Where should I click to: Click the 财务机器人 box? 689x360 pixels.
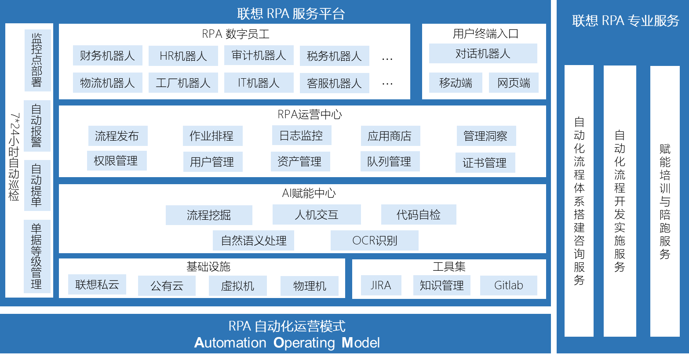click(107, 56)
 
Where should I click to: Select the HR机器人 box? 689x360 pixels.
click(183, 56)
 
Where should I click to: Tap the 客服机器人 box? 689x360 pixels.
click(334, 83)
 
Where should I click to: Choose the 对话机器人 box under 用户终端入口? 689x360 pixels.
click(483, 54)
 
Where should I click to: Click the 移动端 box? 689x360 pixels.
click(456, 83)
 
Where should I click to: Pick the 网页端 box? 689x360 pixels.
click(514, 83)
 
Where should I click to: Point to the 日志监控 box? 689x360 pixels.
click(301, 135)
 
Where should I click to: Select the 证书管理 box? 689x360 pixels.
click(485, 163)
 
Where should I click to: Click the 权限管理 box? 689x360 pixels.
click(116, 161)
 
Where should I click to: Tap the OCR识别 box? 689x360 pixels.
click(374, 240)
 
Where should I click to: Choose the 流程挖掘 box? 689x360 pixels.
click(209, 215)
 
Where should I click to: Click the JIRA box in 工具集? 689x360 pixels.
click(381, 285)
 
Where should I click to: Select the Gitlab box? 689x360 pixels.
click(508, 285)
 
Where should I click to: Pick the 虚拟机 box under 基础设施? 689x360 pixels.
click(237, 286)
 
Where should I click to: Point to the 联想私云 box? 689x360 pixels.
click(97, 284)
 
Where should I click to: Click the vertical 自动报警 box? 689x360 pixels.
click(37, 126)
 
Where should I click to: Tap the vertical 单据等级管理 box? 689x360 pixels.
click(37, 256)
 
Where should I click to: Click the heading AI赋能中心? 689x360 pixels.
click(309, 193)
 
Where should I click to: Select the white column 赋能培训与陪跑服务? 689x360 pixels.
click(665, 201)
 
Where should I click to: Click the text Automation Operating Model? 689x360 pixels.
click(287, 343)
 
